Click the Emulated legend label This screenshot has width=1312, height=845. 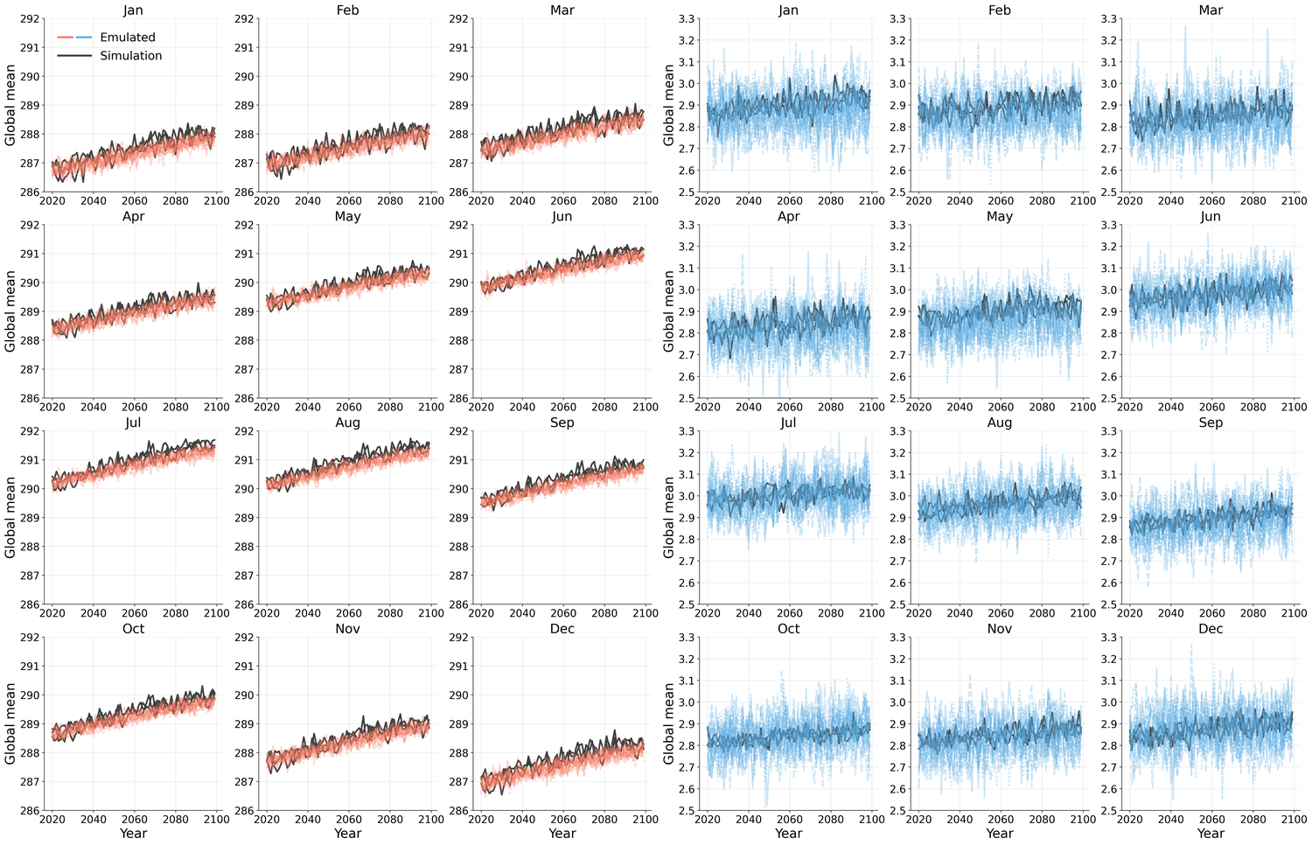pos(128,38)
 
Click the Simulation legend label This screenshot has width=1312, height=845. pos(131,56)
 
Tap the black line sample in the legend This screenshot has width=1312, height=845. pos(75,56)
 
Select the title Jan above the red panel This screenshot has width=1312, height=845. pos(133,10)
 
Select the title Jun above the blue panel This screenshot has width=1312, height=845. pos(1211,217)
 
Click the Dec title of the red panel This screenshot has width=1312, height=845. pos(562,629)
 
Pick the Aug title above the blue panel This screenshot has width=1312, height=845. pos(999,422)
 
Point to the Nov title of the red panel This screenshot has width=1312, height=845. pos(347,629)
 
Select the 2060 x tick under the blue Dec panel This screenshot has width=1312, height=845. pos(1211,820)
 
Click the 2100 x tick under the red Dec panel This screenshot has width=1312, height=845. pos(646,820)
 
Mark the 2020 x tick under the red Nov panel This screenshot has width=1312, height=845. pos(267,820)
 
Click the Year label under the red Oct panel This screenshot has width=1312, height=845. pos(133,834)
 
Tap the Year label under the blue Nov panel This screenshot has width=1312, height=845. pos(999,834)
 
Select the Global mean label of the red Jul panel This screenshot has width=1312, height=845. pos(10,517)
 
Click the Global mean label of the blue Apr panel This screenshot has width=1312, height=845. pos(669,311)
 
